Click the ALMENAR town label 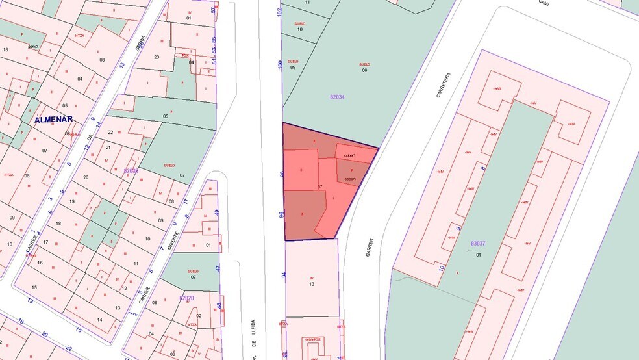coord(54,119)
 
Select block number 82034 coord(337,96)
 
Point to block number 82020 coord(186,298)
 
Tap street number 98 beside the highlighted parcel coord(282,175)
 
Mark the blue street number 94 coord(284,275)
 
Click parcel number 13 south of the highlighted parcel coord(312,284)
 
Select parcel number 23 coord(157,57)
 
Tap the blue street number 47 coord(218,268)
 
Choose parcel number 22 coord(110,132)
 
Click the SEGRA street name coord(138,42)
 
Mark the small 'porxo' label coord(33,46)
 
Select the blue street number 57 coord(213,10)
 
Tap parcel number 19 coord(73,201)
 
